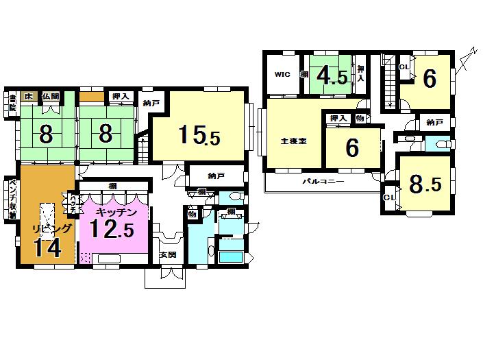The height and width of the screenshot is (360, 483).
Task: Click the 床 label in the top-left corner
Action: pos(28,97)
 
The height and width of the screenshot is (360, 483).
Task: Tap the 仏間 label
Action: pos(50,97)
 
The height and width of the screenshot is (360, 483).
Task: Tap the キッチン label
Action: pos(113,213)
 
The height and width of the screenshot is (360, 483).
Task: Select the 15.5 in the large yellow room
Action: pos(199,135)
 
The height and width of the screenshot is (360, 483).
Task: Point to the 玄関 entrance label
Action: pos(167,255)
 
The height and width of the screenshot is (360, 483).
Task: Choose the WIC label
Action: pos(283,75)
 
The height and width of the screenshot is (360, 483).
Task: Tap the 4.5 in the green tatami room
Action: pos(332,76)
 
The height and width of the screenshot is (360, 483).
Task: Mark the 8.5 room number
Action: pos(425,184)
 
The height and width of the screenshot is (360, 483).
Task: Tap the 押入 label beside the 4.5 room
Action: pos(361,71)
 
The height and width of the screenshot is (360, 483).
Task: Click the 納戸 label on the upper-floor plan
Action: pos(434,123)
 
